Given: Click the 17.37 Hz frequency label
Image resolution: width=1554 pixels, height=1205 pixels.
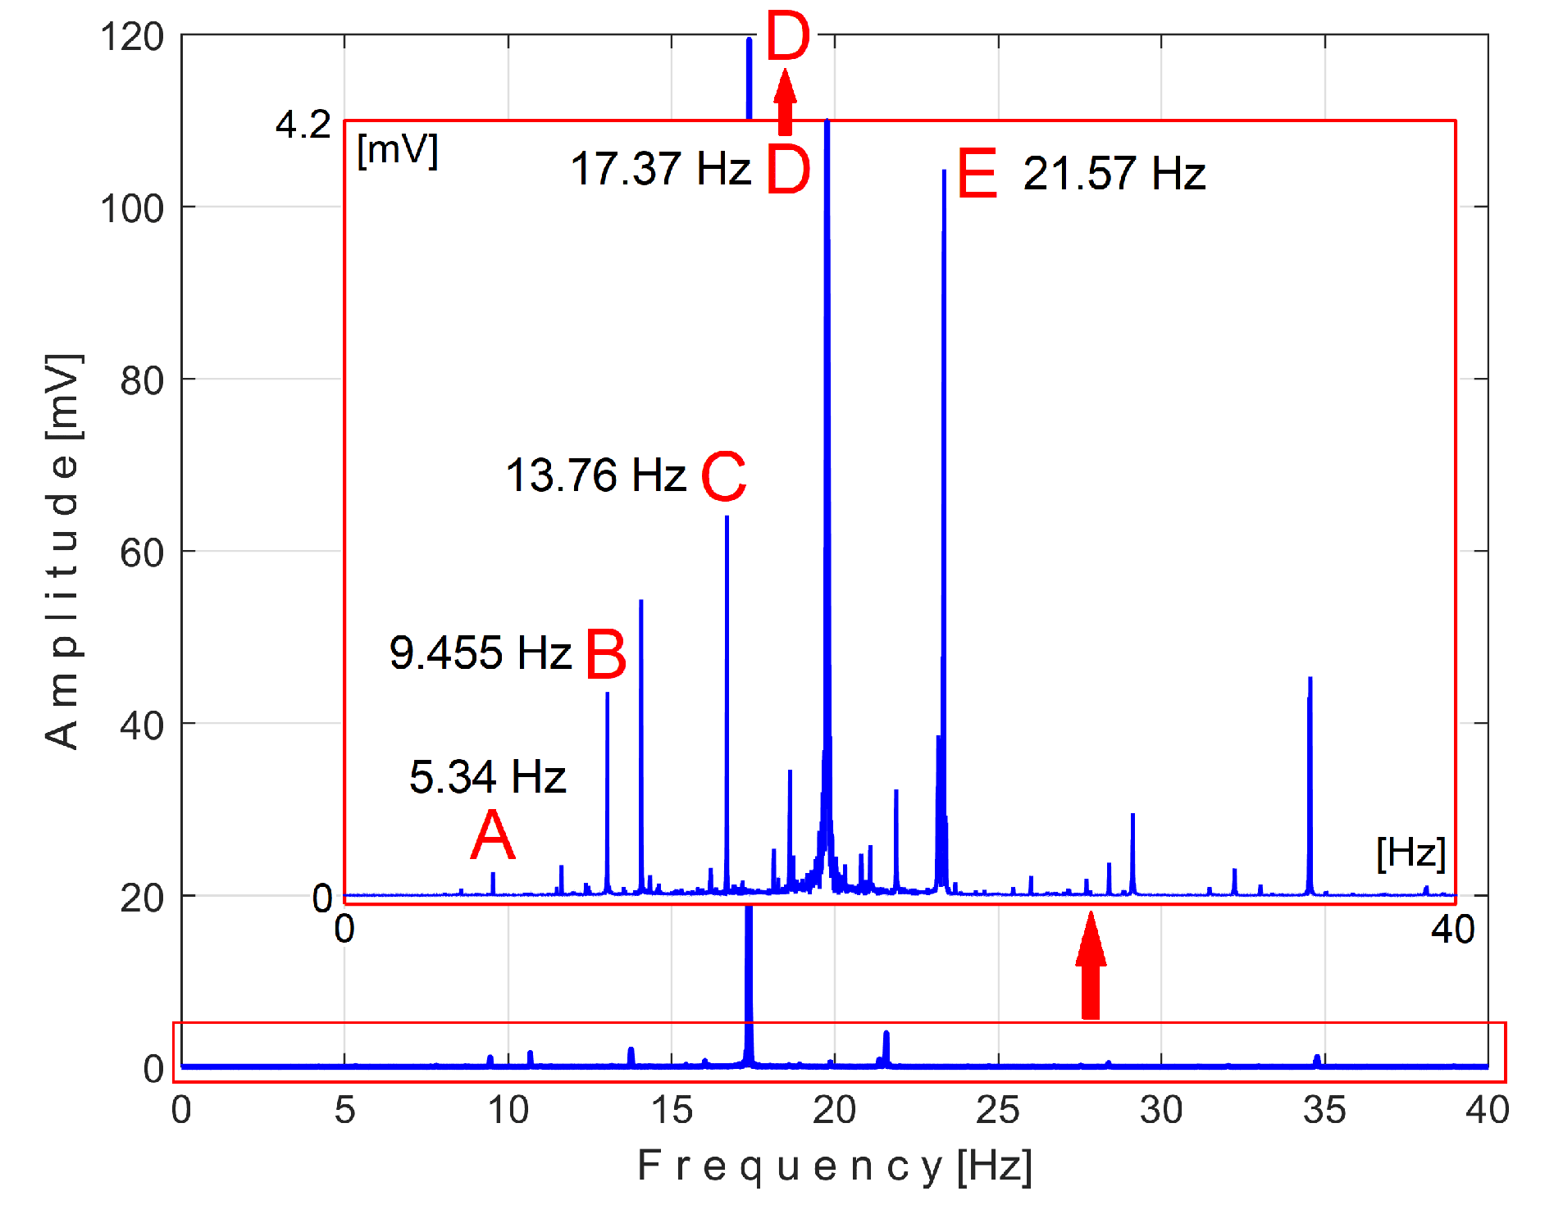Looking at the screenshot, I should [x=660, y=170].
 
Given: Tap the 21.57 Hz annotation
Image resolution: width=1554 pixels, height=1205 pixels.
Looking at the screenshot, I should [x=1114, y=174].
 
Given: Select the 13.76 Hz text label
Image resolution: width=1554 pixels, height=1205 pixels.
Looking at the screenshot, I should [x=595, y=475].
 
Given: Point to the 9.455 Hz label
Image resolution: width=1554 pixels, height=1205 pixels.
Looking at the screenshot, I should [x=480, y=653].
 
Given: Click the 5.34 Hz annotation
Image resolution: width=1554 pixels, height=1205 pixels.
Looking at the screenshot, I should [x=487, y=776].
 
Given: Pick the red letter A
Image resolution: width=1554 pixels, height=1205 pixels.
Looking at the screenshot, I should [x=493, y=835].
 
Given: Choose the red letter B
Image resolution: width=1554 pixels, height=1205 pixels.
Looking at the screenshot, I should [x=606, y=655].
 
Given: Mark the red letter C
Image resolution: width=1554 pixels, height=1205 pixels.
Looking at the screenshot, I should [x=723, y=476].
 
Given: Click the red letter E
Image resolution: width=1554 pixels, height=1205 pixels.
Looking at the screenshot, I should [x=977, y=174].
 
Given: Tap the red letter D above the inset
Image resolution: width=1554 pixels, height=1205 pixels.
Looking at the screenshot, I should [x=787, y=37].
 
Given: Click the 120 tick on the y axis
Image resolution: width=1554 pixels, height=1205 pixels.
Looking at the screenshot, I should [x=131, y=38].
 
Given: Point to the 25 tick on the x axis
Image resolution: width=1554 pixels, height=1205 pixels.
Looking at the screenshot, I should [x=997, y=1111].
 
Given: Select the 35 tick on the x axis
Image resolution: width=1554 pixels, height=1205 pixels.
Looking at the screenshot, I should [x=1324, y=1111].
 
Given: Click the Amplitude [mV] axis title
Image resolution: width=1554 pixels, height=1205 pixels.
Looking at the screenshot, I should [x=62, y=551].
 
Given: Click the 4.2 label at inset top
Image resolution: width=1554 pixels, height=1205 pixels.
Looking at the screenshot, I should [x=303, y=125].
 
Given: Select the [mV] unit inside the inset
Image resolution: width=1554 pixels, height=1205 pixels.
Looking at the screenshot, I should [x=398, y=151].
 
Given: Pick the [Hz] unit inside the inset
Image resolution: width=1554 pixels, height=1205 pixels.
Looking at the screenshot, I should [x=1410, y=853].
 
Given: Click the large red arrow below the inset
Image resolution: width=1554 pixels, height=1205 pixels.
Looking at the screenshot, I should [x=1091, y=967].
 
